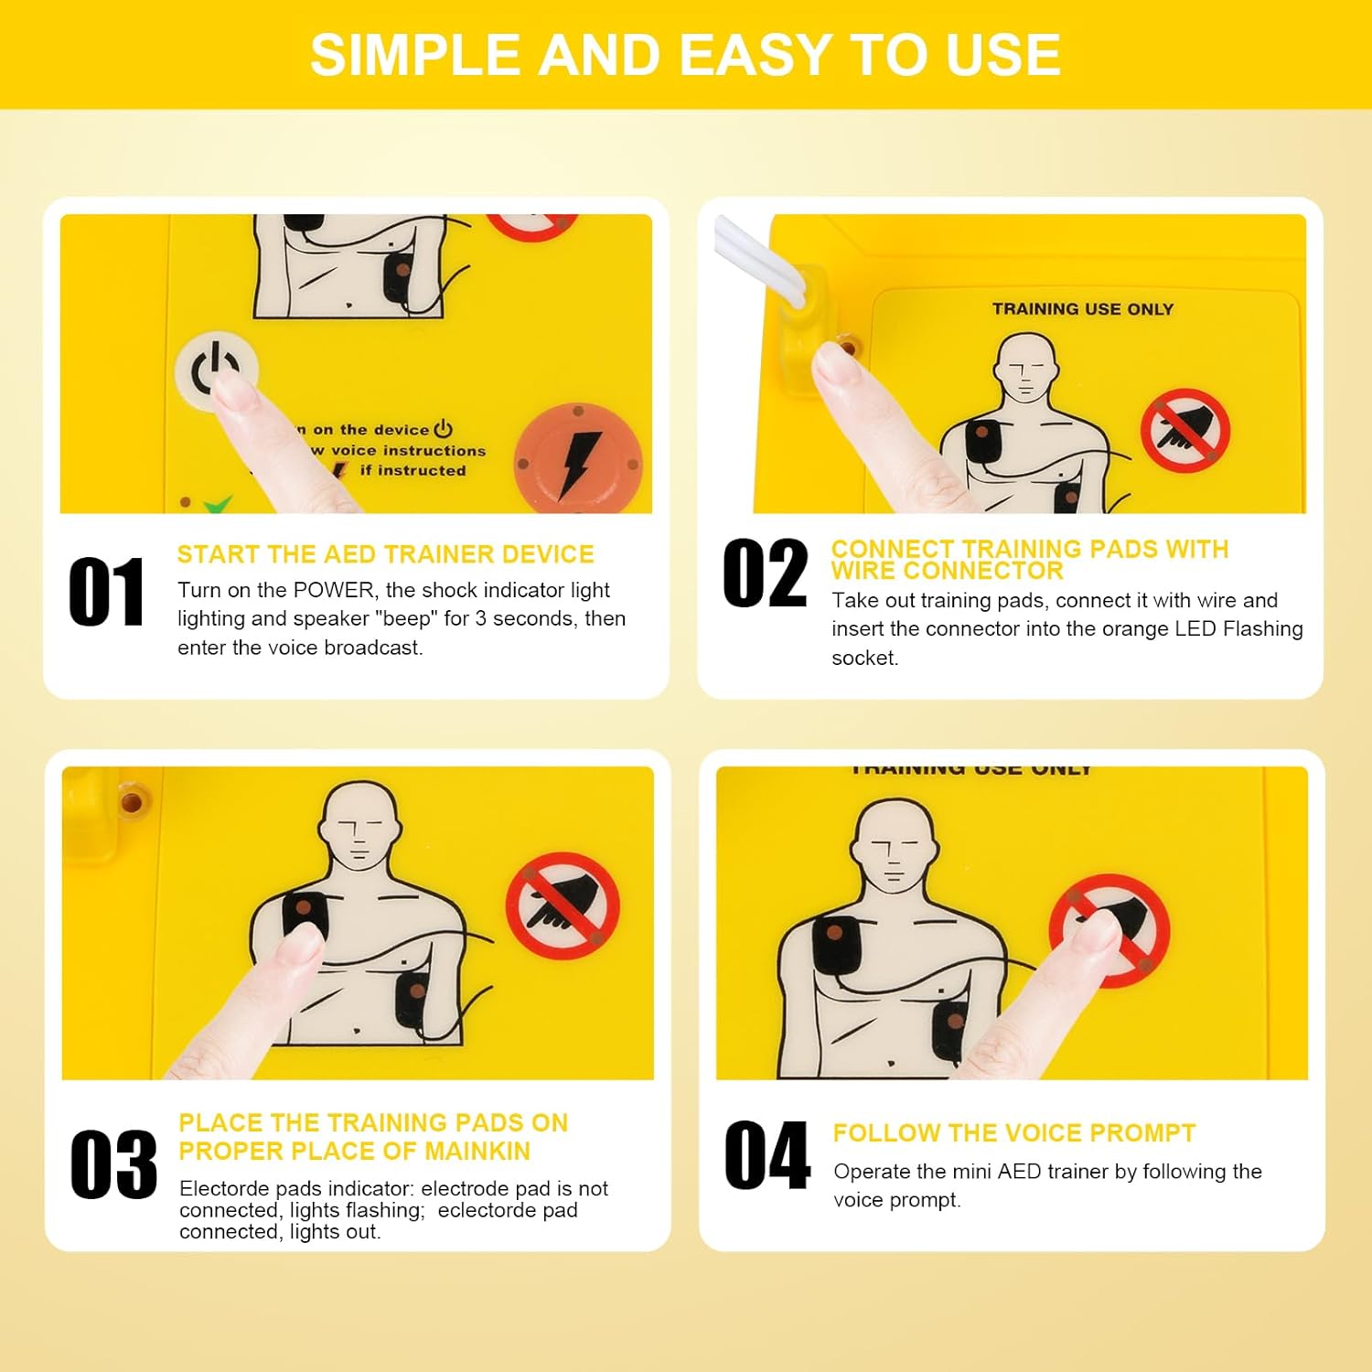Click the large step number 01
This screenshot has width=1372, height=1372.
106,592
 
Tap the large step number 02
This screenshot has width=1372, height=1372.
765,573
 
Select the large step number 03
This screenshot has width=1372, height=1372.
113,1163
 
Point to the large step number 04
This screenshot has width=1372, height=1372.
766,1155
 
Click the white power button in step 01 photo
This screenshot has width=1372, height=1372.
216,370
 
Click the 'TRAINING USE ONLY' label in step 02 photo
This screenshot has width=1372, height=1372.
1083,309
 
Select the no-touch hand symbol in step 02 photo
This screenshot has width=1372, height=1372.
1184,430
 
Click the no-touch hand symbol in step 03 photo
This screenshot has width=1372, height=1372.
563,906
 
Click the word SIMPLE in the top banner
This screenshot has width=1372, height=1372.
415,55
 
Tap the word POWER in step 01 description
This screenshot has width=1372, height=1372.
334,590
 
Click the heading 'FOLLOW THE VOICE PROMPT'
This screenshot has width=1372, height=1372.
1014,1133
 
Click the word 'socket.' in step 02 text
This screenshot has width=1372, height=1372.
865,658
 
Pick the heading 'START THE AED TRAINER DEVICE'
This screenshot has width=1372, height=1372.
385,554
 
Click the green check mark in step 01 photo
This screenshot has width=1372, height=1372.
217,504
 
